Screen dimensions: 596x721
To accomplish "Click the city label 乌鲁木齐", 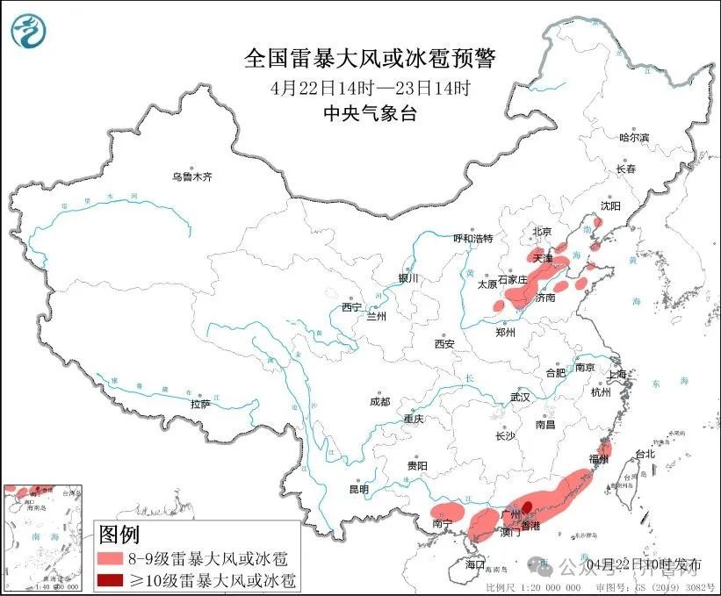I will point(191,176).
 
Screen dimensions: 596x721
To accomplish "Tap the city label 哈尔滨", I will point(634,138).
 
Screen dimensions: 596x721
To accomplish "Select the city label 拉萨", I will point(200,404).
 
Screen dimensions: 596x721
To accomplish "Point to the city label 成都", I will point(379,401).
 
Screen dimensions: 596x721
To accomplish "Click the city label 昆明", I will point(359,489).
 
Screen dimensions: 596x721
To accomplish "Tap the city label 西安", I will point(444,344).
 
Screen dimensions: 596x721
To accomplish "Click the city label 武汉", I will point(520,397).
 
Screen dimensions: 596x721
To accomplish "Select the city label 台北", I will point(645,454).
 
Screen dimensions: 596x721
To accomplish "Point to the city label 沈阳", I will point(610,205).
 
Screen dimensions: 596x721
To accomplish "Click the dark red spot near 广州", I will point(528,506).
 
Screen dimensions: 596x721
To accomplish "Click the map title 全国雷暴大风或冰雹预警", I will point(370,59).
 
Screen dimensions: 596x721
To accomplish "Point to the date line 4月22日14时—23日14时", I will point(370,88).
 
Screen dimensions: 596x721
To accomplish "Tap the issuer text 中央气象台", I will point(370,112).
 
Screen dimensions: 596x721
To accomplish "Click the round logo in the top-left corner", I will point(29,32).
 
